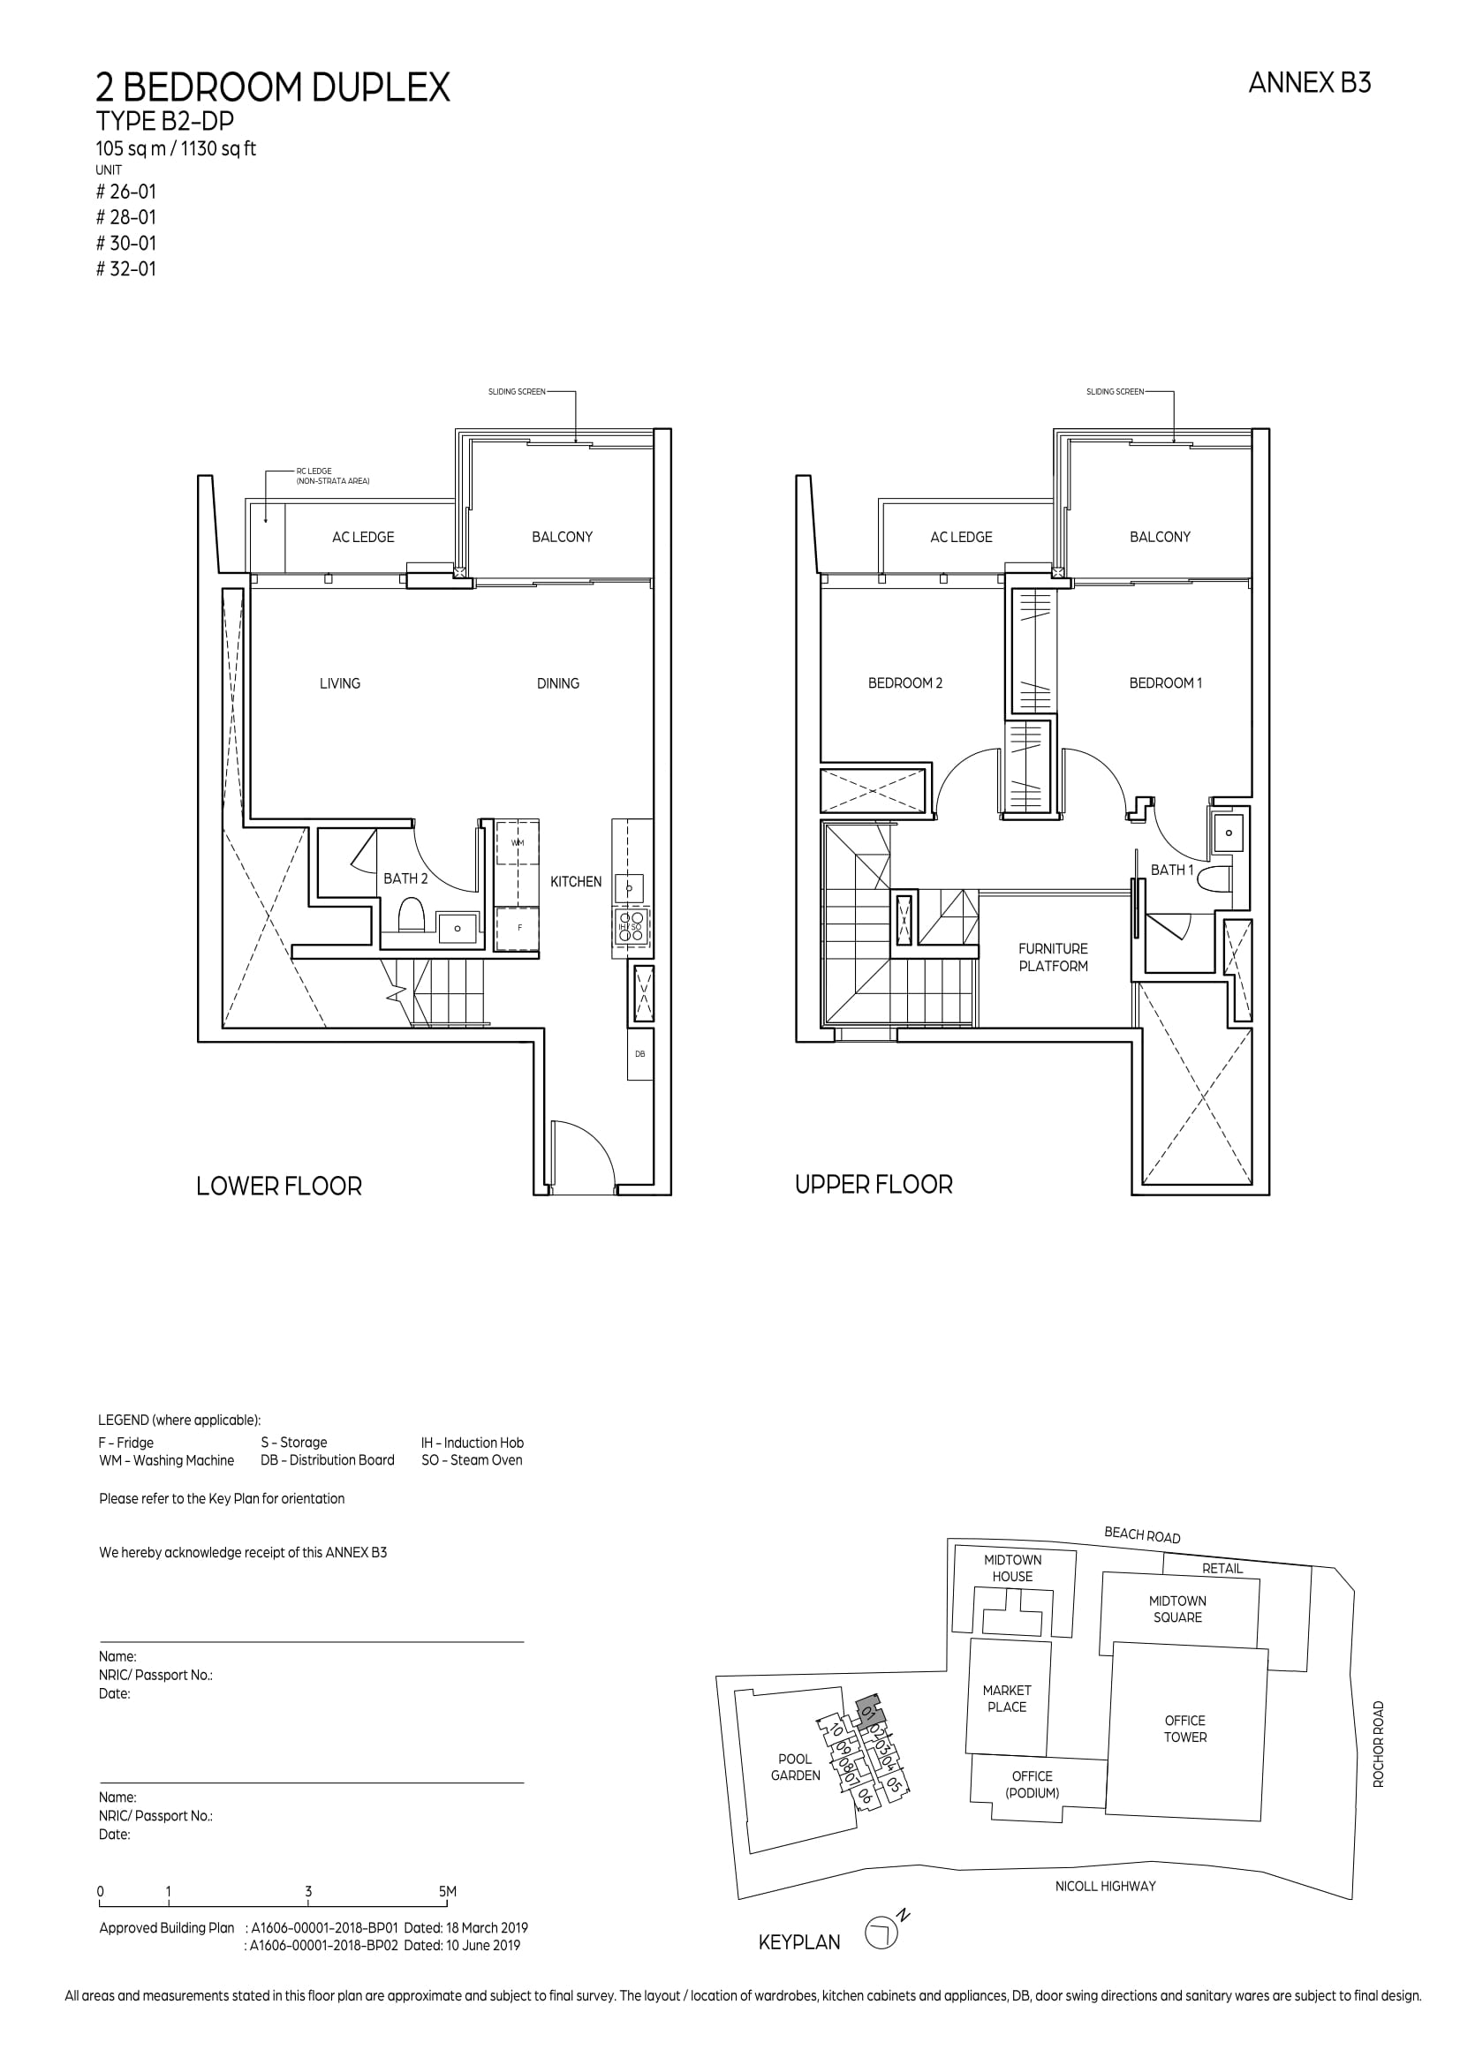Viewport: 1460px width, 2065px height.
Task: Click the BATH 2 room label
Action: point(405,878)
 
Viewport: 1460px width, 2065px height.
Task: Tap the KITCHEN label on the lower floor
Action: point(576,881)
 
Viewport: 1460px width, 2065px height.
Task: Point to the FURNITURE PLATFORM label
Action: point(1054,957)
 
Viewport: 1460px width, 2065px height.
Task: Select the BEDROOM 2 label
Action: point(905,683)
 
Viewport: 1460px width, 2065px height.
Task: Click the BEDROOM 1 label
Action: point(1166,683)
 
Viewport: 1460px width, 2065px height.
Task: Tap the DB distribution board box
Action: point(639,1053)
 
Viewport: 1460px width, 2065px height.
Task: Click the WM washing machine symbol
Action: point(518,843)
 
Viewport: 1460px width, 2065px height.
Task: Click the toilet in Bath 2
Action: point(411,915)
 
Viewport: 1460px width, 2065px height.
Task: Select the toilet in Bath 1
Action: point(1216,878)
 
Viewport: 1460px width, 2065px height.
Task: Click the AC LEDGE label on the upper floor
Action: point(961,537)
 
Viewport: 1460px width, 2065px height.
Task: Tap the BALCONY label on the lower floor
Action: point(563,537)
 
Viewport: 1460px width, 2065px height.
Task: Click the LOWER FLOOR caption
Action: point(279,1187)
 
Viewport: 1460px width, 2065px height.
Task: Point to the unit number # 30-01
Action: point(126,243)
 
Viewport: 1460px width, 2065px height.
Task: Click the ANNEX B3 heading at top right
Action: point(1310,84)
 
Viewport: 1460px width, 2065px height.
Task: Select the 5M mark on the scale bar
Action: point(448,1891)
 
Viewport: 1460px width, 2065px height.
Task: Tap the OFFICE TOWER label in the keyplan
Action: point(1184,1729)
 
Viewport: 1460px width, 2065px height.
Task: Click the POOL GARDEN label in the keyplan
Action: point(795,1767)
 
